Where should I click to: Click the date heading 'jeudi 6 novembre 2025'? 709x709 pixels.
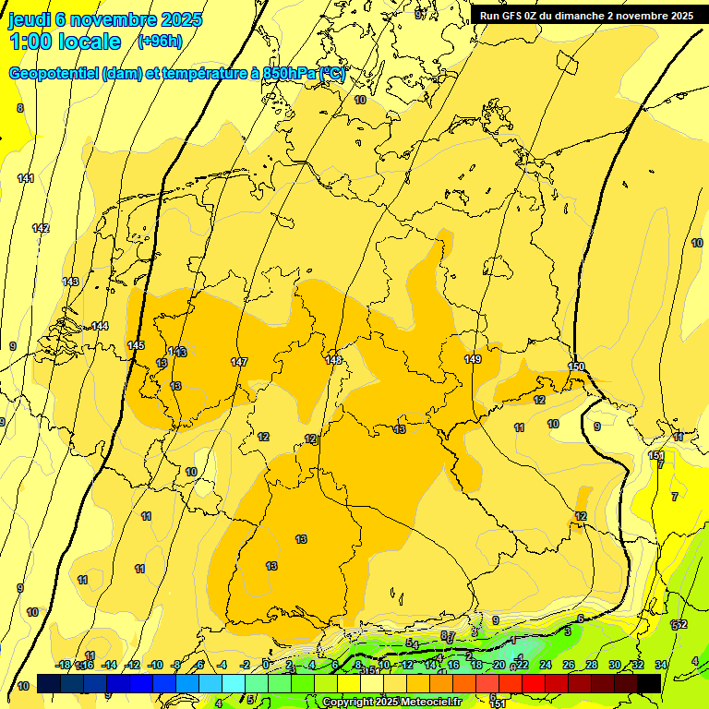(104, 19)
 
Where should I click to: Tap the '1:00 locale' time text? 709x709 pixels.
(66, 42)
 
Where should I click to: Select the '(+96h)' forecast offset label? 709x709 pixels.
(160, 42)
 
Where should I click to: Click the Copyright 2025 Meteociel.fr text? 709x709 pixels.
(391, 703)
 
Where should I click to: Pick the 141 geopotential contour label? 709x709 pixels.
(26, 178)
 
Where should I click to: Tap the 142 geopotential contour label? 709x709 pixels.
(41, 228)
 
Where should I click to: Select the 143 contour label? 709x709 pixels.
(70, 282)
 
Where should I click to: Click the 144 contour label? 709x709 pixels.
(100, 326)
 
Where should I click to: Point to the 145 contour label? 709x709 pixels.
(136, 345)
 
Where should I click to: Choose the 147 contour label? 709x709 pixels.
(239, 362)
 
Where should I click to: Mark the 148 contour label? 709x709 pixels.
(333, 360)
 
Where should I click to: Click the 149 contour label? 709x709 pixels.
(473, 359)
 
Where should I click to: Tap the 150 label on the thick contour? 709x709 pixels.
(576, 367)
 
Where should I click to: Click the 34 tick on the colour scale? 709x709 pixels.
(661, 665)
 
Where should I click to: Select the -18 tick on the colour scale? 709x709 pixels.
(64, 665)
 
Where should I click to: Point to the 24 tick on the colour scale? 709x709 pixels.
(545, 665)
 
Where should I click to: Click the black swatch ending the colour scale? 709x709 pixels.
(649, 683)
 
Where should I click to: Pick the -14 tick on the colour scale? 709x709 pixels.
(110, 665)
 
